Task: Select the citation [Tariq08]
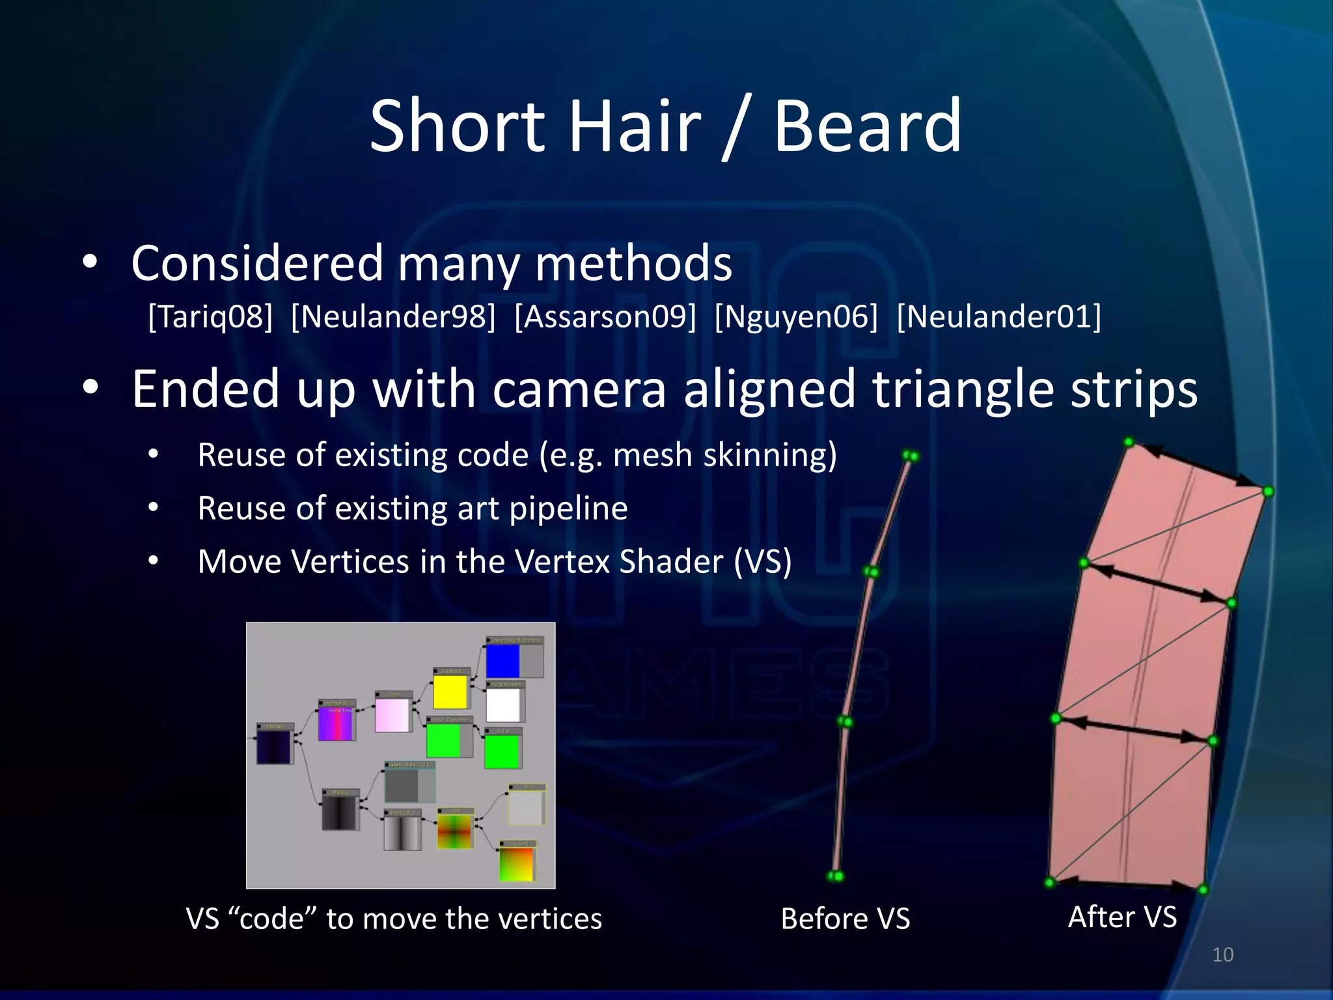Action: [210, 317]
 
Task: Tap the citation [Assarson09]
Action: [605, 317]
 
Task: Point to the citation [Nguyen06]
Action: [795, 317]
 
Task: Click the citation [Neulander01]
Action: [998, 317]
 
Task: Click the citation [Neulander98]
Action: [393, 317]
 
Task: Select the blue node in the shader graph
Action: [502, 661]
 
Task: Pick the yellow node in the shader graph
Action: [450, 691]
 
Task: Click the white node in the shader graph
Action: [503, 704]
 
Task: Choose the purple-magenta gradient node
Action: [335, 723]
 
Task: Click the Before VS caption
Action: [845, 919]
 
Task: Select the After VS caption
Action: [1122, 917]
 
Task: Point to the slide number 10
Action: [1222, 955]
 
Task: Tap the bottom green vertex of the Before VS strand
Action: [835, 876]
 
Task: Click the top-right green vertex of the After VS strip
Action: [1268, 492]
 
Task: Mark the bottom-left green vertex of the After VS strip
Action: [1049, 883]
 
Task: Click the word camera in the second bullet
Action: [579, 389]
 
